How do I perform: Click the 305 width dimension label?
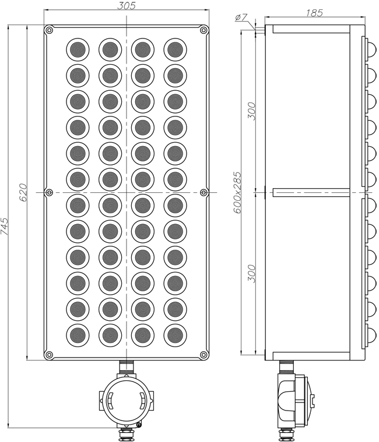(x=127, y=5)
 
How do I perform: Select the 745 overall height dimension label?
(x=5, y=226)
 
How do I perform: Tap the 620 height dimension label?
(x=23, y=193)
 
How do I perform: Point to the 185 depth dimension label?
(x=314, y=13)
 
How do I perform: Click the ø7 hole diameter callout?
(x=241, y=17)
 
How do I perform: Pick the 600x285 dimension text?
(x=238, y=193)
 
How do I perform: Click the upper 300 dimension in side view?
(x=251, y=111)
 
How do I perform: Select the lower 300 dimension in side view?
(x=251, y=274)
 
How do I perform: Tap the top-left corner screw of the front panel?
(x=49, y=30)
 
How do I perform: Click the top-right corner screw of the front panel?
(x=203, y=30)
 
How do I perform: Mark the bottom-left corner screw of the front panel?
(x=49, y=355)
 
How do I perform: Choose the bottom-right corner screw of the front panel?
(x=203, y=355)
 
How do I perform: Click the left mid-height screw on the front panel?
(x=49, y=193)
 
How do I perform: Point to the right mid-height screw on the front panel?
(x=203, y=193)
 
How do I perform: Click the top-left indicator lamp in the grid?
(x=78, y=49)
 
